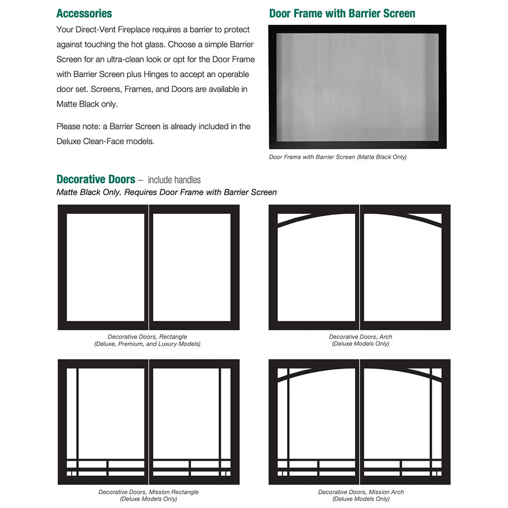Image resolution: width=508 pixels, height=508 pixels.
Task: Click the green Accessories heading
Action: coord(84,13)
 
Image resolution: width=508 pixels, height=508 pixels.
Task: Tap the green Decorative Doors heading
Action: coord(96,179)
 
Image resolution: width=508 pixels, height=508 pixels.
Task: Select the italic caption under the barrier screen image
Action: coord(337,157)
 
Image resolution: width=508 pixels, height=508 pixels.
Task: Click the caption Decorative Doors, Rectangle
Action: coord(147,337)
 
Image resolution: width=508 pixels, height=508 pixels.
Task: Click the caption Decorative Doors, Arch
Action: coord(360,337)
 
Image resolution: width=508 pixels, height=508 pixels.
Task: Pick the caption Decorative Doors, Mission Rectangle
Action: coord(148,492)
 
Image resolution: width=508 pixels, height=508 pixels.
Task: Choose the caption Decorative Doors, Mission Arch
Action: coord(361,492)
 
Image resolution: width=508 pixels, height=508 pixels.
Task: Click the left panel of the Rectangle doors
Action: coord(105,267)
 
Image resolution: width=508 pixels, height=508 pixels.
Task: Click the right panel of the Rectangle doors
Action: coord(192,267)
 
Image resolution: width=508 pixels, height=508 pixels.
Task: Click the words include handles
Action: coord(174,180)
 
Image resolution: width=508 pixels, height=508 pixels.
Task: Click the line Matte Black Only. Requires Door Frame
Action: coord(167,192)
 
